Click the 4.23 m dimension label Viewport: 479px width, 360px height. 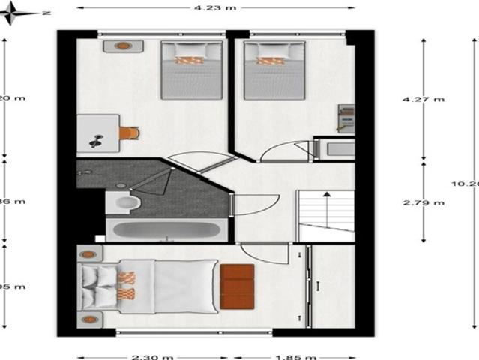(x=215, y=8)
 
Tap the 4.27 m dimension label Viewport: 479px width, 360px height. (x=423, y=99)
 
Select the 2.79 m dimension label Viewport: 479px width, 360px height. (x=423, y=202)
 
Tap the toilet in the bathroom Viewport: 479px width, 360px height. (x=124, y=203)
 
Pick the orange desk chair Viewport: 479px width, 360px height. (x=129, y=133)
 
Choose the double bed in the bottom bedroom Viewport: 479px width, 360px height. (x=150, y=286)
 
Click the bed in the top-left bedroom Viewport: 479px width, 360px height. (x=192, y=70)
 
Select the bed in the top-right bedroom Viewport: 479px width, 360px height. (x=274, y=70)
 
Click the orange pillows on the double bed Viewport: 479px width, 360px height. (x=126, y=286)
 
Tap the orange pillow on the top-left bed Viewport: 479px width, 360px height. (x=190, y=60)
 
